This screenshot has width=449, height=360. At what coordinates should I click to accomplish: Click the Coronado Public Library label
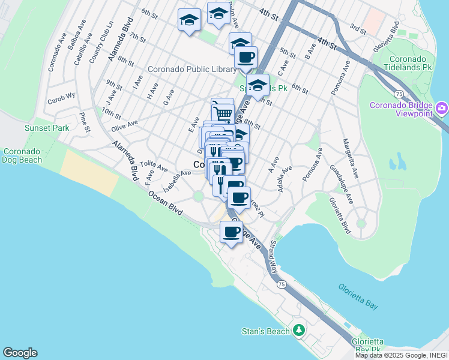tap(192, 70)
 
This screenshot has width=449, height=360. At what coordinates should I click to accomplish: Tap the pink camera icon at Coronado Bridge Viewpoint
tap(442, 108)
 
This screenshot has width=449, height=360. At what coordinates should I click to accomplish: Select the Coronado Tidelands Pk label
tap(411, 64)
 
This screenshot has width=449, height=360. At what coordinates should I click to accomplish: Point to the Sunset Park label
tap(47, 128)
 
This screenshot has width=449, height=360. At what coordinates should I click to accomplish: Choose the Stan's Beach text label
tap(266, 331)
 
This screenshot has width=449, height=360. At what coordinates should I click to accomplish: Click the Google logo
tap(20, 353)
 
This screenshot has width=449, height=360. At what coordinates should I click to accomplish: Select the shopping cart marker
tap(223, 112)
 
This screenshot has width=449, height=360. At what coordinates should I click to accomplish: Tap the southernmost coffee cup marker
tap(232, 232)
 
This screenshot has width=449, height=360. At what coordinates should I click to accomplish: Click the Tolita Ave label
tap(154, 166)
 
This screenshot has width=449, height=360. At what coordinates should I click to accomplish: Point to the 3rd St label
tap(358, 28)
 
